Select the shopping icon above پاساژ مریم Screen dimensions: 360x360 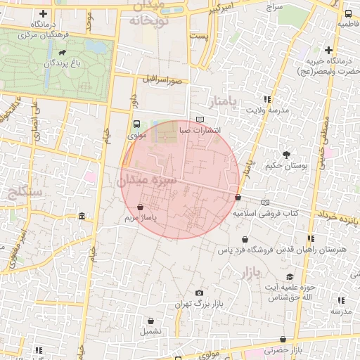coord(142,207)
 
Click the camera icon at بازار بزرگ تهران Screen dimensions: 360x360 coord(199,292)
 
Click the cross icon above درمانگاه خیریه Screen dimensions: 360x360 coord(328,49)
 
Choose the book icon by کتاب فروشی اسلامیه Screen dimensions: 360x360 coord(265,202)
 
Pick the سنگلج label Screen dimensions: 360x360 coord(23,191)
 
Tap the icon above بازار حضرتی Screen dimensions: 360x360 coord(283,340)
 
